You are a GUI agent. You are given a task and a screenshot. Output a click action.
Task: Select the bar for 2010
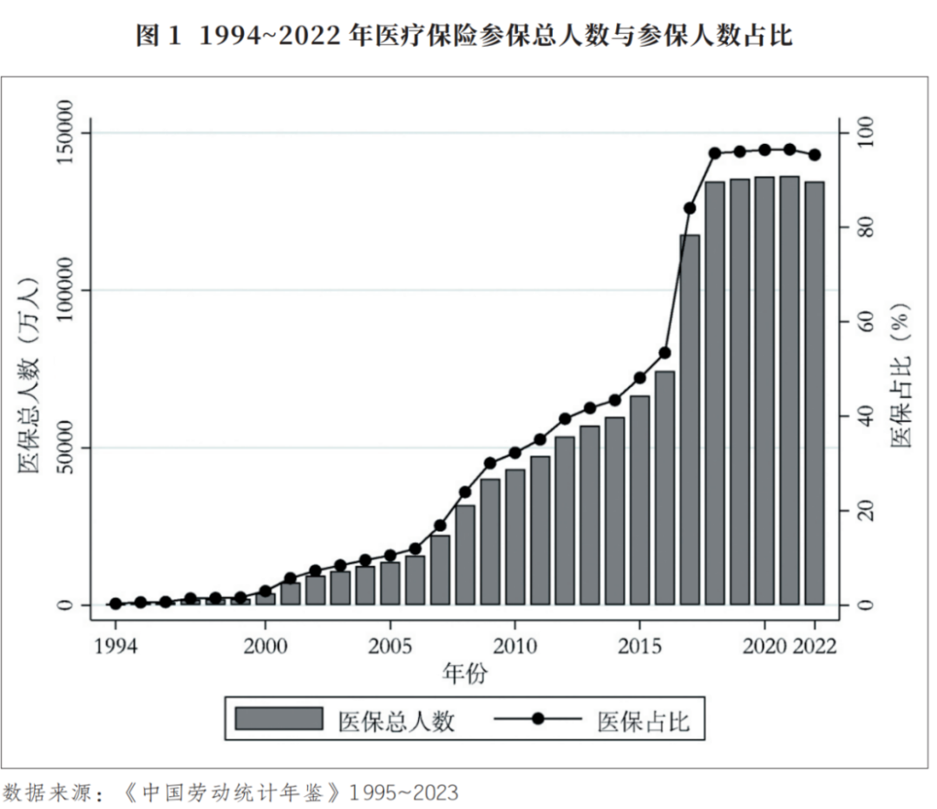(514, 537)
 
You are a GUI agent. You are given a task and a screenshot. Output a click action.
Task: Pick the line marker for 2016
(665, 352)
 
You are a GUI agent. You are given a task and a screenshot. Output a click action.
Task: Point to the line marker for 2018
(715, 153)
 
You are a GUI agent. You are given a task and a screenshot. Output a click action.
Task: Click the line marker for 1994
(115, 603)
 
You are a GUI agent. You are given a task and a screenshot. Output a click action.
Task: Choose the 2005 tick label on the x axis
(390, 648)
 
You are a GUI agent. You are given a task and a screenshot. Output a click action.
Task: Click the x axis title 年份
(465, 674)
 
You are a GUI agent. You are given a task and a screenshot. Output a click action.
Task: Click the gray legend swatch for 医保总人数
(278, 719)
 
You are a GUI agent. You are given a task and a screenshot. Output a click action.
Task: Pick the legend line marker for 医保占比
(538, 719)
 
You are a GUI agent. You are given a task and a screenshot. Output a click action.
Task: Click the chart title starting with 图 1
(466, 36)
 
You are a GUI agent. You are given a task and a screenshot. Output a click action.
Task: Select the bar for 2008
(465, 555)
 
